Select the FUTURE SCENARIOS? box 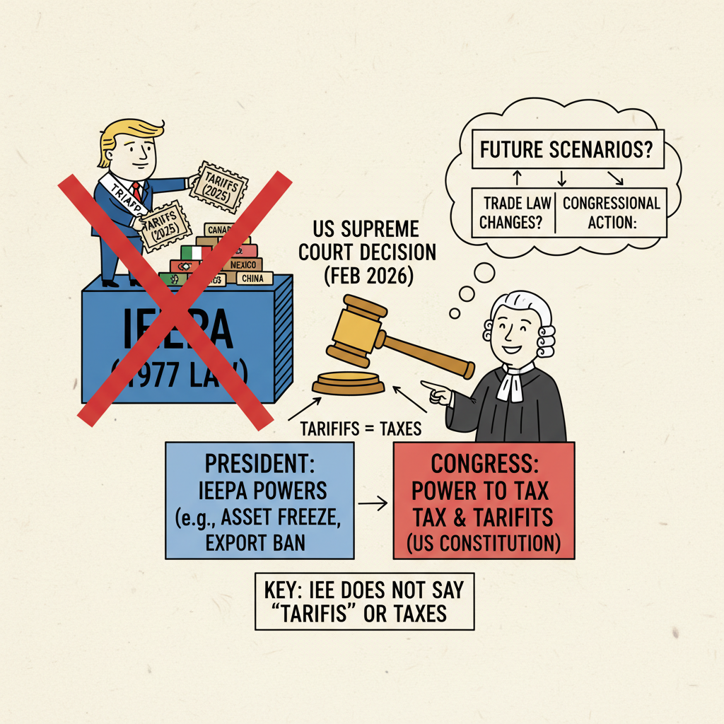(566, 150)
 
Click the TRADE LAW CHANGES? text (514, 213)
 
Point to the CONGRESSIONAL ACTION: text (611, 213)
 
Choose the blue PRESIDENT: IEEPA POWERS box (259, 500)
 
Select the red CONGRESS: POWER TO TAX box (484, 501)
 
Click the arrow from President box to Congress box (373, 503)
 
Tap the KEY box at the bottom (364, 602)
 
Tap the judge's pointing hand (436, 391)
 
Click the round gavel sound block (349, 384)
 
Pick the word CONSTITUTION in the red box (503, 544)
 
